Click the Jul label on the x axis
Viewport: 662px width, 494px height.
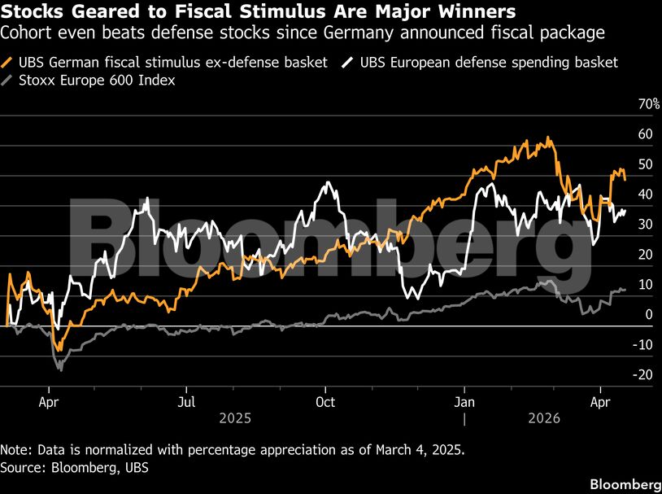pyautogui.click(x=187, y=402)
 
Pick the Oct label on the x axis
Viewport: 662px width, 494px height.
pyautogui.click(x=325, y=402)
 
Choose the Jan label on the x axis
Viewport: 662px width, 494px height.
pyautogui.click(x=464, y=402)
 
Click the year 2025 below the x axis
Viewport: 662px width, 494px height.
pyautogui.click(x=234, y=418)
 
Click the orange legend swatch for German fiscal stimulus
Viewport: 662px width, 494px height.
pyautogui.click(x=9, y=63)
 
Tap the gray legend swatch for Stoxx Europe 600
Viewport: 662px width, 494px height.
pyautogui.click(x=9, y=81)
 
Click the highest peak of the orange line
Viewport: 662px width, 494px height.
pyautogui.click(x=551, y=138)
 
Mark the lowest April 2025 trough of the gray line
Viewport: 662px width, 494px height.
pyautogui.click(x=59, y=369)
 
